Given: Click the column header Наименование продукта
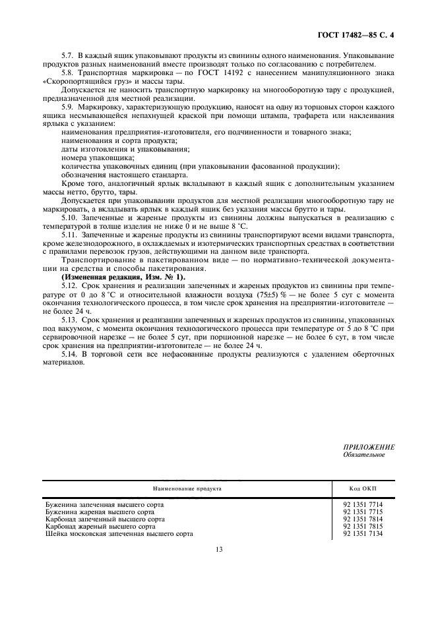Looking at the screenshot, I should pos(187,489).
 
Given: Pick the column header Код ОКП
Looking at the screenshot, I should pos(362,489).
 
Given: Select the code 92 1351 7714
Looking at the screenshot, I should pos(363,504).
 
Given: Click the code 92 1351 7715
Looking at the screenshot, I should pos(363,512).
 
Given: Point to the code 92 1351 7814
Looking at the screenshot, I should pos(363,519).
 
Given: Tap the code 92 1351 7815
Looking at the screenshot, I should pos(363,526).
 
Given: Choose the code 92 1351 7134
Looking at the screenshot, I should pos(363,533).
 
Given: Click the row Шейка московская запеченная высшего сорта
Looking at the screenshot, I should pos(119,533).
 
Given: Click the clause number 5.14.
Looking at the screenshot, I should pos(69,355).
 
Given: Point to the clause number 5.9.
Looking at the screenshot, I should pos(67,106).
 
